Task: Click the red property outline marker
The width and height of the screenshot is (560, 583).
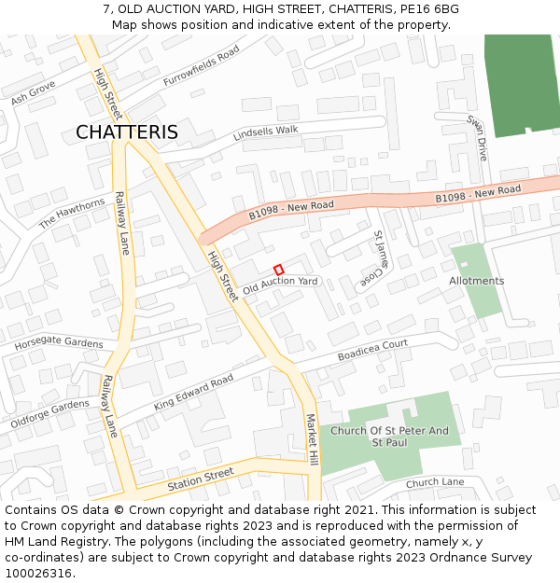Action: click(x=278, y=270)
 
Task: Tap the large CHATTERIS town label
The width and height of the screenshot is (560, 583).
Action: click(x=127, y=132)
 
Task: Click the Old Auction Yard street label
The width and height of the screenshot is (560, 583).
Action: click(x=281, y=286)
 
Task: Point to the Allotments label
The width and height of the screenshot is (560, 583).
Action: click(x=476, y=281)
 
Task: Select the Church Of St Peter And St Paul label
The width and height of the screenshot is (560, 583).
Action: click(x=389, y=436)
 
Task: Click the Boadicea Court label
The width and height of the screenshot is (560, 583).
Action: click(x=373, y=350)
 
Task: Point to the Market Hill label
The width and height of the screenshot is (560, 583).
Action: click(x=314, y=441)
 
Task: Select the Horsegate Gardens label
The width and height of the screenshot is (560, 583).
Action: click(x=58, y=342)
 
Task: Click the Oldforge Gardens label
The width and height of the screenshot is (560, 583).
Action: click(x=49, y=414)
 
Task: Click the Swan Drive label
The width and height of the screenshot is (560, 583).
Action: click(x=478, y=138)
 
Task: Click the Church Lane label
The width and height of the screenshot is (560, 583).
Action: click(x=435, y=482)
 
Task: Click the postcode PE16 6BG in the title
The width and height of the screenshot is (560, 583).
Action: click(x=427, y=8)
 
